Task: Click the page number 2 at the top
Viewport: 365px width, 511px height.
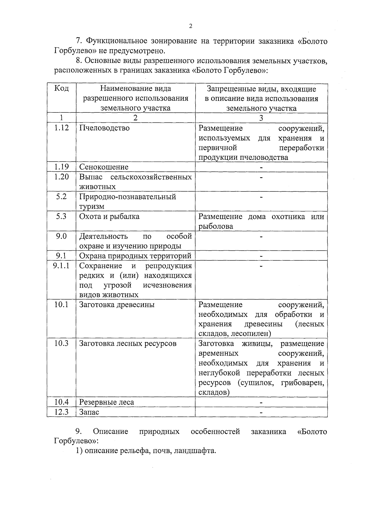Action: (x=190, y=26)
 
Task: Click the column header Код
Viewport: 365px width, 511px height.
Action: (x=61, y=89)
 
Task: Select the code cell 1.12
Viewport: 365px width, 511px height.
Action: (x=61, y=128)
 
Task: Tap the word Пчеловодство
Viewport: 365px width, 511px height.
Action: (x=104, y=128)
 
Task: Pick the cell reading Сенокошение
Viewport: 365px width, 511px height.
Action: (x=104, y=167)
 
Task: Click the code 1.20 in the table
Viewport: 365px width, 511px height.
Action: (x=61, y=177)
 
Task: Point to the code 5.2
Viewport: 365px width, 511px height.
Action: (x=61, y=196)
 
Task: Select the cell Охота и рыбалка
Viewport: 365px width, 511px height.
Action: (x=109, y=216)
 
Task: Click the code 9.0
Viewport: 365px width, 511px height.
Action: (x=61, y=236)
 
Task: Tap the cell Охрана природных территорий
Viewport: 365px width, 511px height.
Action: (x=135, y=256)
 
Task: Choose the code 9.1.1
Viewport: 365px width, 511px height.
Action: (x=61, y=266)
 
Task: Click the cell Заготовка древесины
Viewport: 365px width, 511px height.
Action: (x=117, y=304)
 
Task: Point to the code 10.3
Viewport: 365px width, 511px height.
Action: (x=61, y=343)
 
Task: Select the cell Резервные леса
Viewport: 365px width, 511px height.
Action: (x=106, y=402)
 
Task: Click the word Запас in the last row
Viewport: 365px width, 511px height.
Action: (x=89, y=412)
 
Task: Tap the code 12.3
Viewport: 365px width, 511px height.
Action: (x=61, y=412)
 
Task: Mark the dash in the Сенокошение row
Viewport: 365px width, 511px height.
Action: (x=261, y=167)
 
